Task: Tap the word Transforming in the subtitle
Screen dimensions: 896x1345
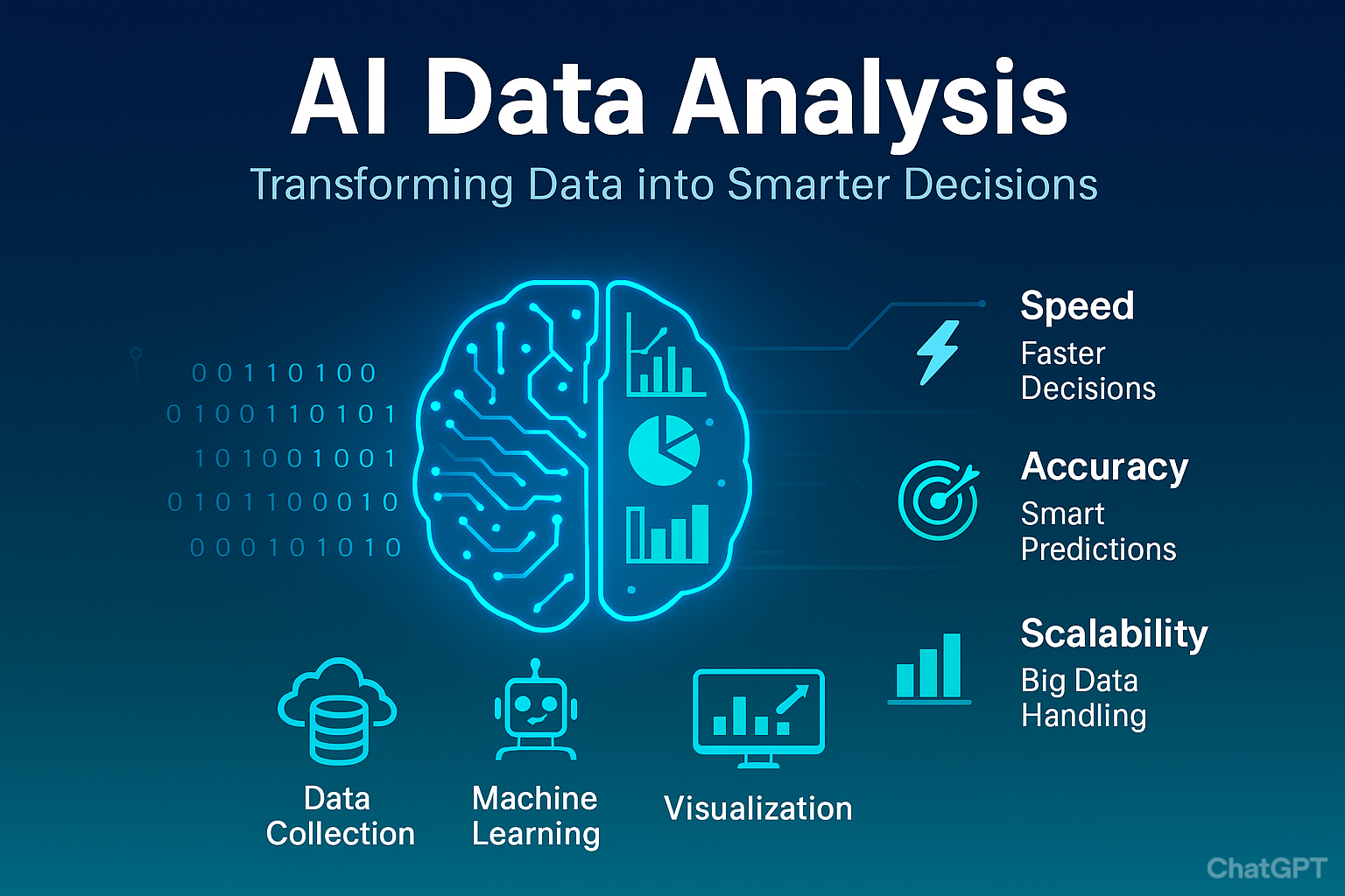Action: click(x=381, y=185)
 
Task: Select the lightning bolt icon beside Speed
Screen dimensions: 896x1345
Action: click(x=938, y=352)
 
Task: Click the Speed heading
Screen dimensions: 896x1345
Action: click(x=1077, y=306)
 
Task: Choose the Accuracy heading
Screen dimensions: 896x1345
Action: click(x=1104, y=466)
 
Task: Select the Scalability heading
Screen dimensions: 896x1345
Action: click(x=1114, y=633)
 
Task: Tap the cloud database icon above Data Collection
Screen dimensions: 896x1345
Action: click(x=337, y=709)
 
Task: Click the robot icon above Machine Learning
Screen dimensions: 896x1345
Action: click(x=535, y=710)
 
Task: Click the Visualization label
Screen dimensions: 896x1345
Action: click(x=757, y=808)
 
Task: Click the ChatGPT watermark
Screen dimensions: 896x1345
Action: click(x=1266, y=868)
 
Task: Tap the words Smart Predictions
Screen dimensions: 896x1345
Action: click(x=1097, y=531)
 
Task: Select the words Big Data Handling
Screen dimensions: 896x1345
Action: click(x=1083, y=697)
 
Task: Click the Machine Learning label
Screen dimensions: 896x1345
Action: click(x=535, y=816)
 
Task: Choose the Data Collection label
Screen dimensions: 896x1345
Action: click(x=340, y=816)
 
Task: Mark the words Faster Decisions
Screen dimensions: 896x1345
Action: click(x=1088, y=371)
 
